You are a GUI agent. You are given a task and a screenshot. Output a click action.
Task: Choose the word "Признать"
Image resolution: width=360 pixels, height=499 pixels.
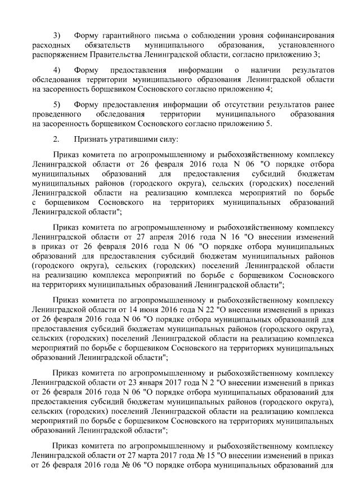90,138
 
